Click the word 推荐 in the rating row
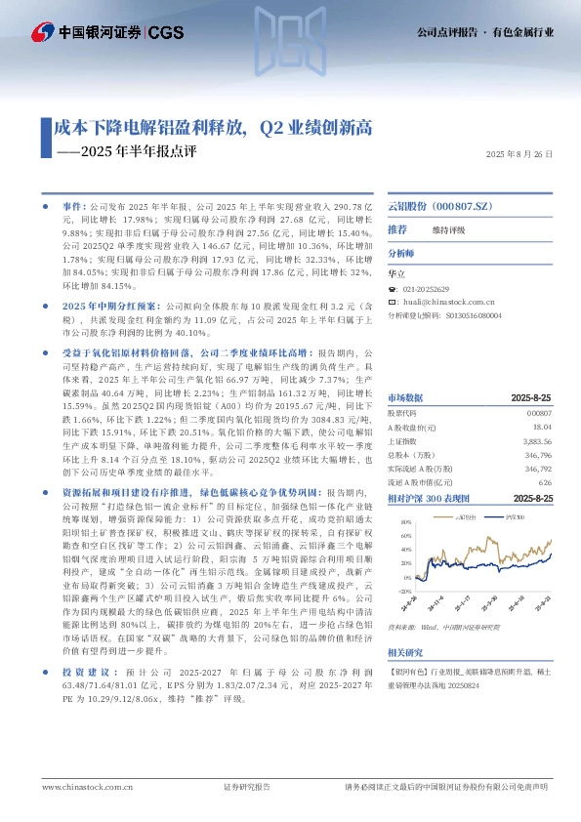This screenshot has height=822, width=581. coord(398,228)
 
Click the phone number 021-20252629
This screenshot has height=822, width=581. coord(426,290)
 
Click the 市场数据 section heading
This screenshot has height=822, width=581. coord(406,399)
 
